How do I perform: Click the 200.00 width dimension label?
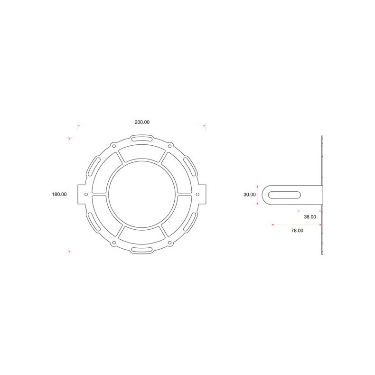[x=142, y=122]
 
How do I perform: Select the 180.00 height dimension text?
[x=59, y=194]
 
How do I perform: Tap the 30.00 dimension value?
[x=249, y=194]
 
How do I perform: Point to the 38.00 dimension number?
[x=309, y=216]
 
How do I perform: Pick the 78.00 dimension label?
[x=297, y=230]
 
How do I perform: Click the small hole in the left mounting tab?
[x=85, y=194]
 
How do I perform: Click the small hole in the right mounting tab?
[x=198, y=194]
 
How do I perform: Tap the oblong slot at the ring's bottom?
[x=141, y=250]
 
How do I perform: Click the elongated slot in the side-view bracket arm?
[x=285, y=194]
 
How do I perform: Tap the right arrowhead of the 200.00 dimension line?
[x=205, y=126]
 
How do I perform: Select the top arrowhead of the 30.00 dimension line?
[x=257, y=186]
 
